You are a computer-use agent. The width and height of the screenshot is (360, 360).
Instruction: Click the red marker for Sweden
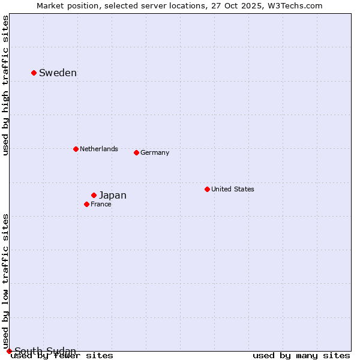(34, 73)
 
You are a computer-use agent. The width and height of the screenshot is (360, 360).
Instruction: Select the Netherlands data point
(76, 149)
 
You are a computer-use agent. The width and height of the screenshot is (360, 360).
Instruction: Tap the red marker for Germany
(136, 152)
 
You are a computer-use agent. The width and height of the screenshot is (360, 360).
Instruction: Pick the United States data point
(207, 189)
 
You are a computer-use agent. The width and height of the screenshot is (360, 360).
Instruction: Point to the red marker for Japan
(94, 195)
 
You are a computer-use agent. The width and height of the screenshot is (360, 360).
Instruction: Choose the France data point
(86, 204)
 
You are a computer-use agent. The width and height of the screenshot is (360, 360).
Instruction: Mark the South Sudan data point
(9, 351)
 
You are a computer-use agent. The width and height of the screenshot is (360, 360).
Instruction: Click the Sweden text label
(58, 73)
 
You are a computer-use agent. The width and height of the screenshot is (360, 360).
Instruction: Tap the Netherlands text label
(99, 149)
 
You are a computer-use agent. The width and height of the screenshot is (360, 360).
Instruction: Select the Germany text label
(155, 152)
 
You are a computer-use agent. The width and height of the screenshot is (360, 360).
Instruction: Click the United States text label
(233, 189)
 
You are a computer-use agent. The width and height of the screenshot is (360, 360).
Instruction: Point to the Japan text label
(113, 195)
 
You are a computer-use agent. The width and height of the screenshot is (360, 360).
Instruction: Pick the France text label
(101, 204)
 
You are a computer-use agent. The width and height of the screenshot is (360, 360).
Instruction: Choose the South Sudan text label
(46, 351)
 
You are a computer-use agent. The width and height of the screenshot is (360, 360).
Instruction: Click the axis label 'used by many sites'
(301, 356)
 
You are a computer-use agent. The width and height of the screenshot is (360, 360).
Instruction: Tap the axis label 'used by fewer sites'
(62, 356)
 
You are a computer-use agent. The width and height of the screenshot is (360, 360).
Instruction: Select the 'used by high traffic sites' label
(5, 86)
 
